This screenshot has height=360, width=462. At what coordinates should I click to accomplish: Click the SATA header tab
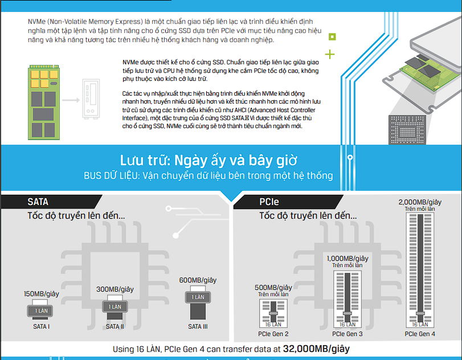[x=38, y=202]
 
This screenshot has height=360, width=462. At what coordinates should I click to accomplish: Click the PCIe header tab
[x=269, y=202]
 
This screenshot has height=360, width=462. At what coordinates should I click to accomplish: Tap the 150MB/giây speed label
[x=42, y=293]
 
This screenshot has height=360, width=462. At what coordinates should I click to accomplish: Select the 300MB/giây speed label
[x=115, y=289]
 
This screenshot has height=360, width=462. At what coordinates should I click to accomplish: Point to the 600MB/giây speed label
[x=198, y=280]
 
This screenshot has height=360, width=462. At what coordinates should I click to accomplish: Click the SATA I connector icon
[x=41, y=310]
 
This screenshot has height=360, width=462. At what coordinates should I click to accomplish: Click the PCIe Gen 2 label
[x=273, y=334]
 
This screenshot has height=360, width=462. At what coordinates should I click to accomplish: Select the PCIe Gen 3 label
[x=347, y=334]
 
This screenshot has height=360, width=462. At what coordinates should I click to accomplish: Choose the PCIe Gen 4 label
[x=420, y=334]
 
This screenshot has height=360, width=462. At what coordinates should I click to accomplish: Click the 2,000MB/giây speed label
[x=420, y=202]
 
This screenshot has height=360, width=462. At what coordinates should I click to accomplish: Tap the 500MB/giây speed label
[x=273, y=288]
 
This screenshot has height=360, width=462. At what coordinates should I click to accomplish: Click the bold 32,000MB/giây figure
[x=316, y=349]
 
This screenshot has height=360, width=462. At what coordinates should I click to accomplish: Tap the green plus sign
[x=330, y=55]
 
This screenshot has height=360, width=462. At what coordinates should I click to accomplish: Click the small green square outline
[x=332, y=36]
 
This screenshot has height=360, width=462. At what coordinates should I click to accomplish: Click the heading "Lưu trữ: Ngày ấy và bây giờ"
[x=208, y=159]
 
